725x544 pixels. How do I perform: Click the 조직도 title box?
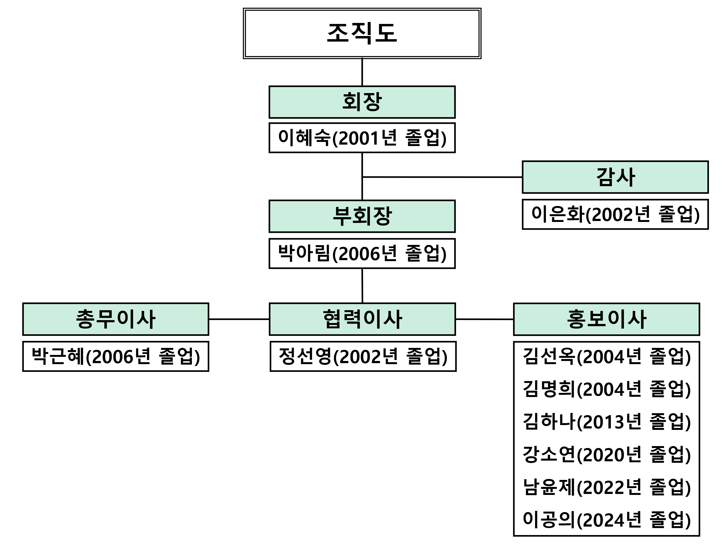point(362,33)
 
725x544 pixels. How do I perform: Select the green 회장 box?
point(362,102)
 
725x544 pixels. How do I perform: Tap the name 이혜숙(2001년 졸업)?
point(362,138)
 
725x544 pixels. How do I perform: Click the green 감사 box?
point(615,177)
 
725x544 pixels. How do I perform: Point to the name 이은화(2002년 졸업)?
point(615,214)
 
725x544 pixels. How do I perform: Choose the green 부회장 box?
point(362,216)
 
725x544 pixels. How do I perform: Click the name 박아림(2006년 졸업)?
point(362,253)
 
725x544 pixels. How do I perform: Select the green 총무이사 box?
point(116,319)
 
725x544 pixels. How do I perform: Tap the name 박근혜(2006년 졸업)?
point(116,356)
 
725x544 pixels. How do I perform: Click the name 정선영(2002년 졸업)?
point(363,356)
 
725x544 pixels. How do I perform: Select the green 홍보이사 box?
point(606,319)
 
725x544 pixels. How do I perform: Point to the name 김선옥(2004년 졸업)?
point(606,356)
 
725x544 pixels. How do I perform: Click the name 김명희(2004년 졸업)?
point(606,389)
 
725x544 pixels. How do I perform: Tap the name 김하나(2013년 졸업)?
point(606,422)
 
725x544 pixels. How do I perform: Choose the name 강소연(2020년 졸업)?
point(606,455)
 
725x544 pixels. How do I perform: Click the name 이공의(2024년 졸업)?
point(606,520)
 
